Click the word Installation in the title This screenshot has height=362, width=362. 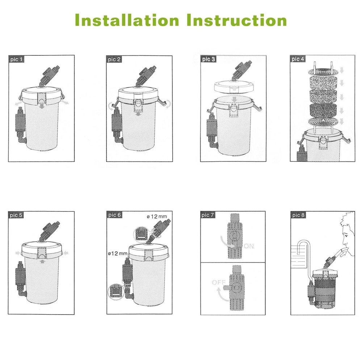[127, 20]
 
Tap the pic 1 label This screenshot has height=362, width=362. [16, 59]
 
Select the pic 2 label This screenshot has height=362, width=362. [114, 59]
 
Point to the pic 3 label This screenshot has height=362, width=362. [209, 59]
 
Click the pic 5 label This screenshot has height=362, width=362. [16, 215]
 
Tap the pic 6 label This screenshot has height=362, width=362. [114, 215]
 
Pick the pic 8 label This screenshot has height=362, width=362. [298, 215]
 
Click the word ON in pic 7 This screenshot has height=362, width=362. [249, 246]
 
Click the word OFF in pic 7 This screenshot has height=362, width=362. [219, 282]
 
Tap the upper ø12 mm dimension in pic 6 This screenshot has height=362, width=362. [156, 216]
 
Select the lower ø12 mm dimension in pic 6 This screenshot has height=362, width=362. [118, 253]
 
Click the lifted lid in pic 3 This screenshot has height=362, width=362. [234, 87]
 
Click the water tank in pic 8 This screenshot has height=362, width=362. [300, 256]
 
